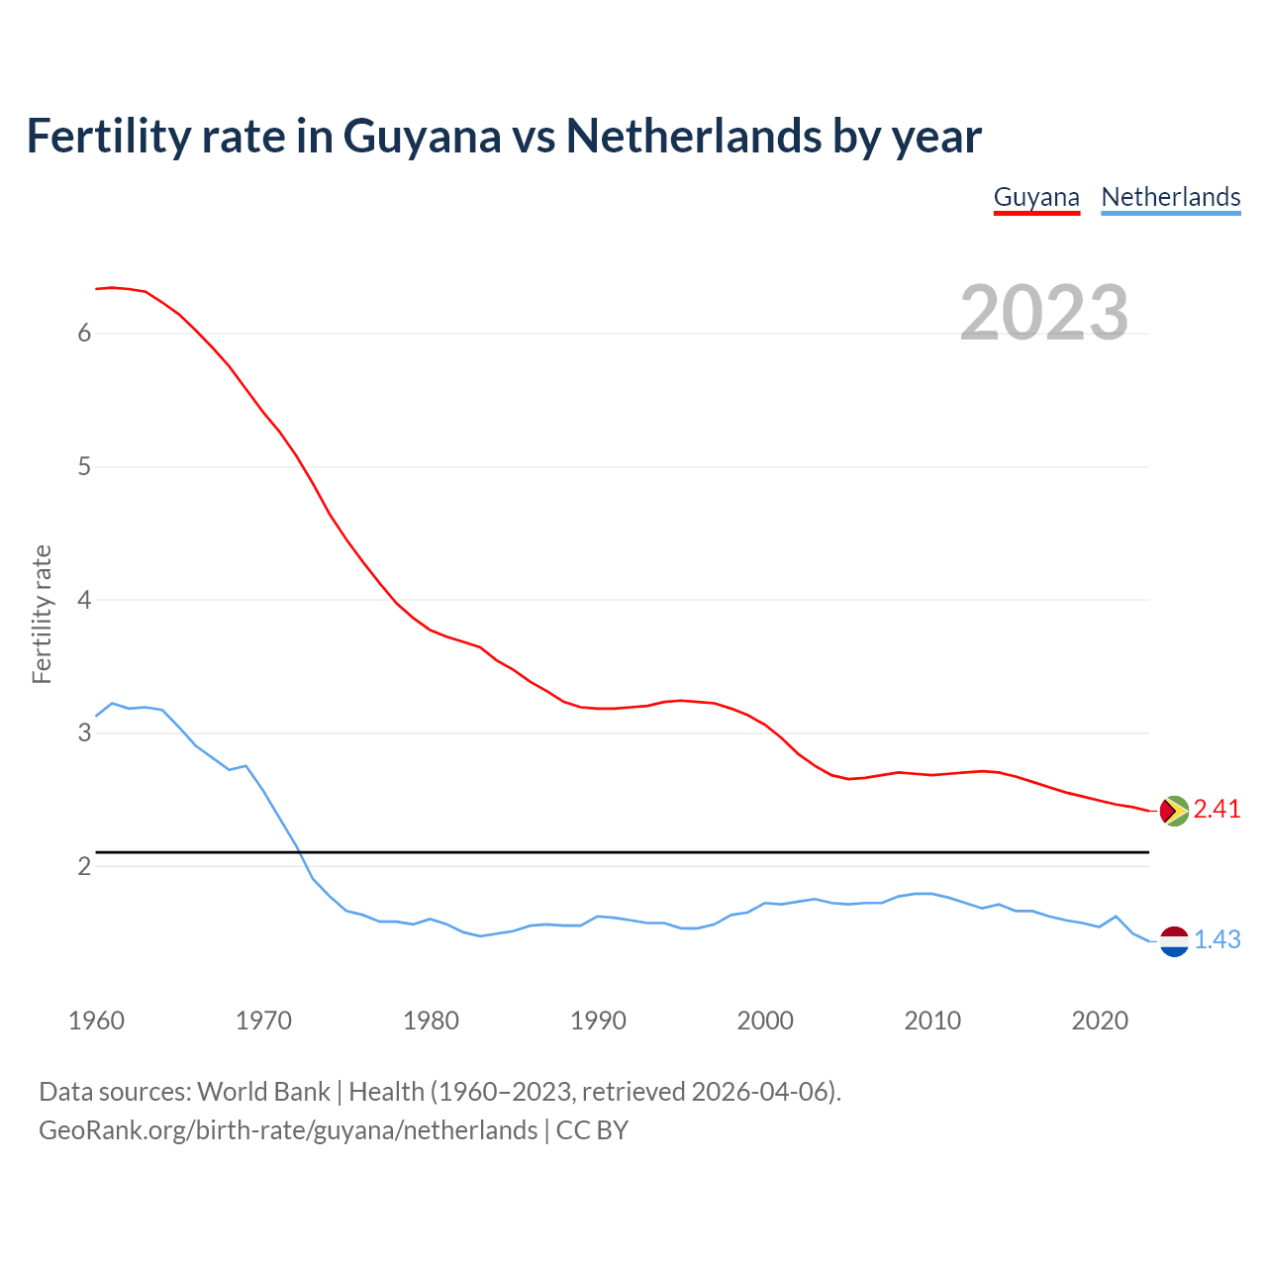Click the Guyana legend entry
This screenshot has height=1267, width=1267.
pos(1035,197)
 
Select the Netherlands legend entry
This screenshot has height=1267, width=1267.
pos(1170,197)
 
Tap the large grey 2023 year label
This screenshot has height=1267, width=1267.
pos(1043,313)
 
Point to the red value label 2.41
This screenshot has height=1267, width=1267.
pos(1217,810)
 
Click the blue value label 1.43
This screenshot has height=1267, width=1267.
pos(1217,940)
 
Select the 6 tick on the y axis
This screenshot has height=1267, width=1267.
pos(84,334)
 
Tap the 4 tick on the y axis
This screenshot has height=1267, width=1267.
pos(84,600)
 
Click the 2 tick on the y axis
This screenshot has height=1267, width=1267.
pos(84,867)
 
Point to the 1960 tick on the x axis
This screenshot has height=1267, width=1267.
pos(96,1021)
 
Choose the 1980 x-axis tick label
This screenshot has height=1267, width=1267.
pos(431,1021)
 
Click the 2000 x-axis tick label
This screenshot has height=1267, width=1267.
pos(765,1021)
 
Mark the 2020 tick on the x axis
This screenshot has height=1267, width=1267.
pos(1100,1021)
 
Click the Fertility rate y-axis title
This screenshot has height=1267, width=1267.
pos(42,614)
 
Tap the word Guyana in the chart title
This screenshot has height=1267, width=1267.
pos(422,137)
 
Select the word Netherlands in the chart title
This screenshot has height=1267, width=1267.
pos(693,137)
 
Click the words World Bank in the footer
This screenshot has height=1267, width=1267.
pos(263,1092)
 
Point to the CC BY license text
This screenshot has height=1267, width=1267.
pos(592,1130)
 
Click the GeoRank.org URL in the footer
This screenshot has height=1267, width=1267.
pos(287,1130)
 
